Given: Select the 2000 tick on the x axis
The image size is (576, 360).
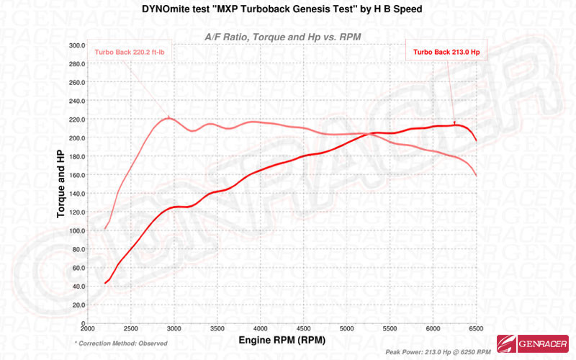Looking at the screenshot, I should pos(87,329).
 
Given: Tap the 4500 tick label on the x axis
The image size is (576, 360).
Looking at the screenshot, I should pos(304,329).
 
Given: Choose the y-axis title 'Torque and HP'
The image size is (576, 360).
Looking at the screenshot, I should pos(62,184).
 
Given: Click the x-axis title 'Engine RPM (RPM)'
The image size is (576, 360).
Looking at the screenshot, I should pos(282,339).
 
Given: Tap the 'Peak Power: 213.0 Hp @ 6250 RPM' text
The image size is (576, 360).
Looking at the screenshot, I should pos(438,352).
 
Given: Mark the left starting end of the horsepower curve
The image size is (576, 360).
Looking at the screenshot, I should pos(105,283).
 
